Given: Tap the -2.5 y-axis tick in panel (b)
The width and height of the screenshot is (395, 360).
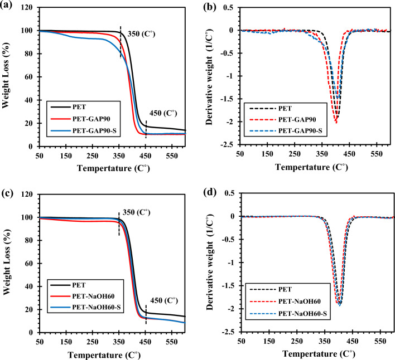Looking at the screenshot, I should tap(229, 146).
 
